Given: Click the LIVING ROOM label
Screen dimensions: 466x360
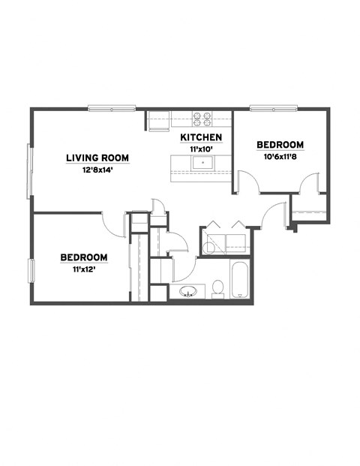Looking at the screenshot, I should click(x=97, y=158).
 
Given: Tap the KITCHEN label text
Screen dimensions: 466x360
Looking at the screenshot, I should click(x=201, y=137).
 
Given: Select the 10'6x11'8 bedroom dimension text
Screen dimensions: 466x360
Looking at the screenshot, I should click(x=280, y=157).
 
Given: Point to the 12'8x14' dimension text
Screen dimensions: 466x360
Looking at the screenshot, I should click(x=97, y=170).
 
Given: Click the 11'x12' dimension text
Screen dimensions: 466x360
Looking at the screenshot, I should click(x=83, y=269).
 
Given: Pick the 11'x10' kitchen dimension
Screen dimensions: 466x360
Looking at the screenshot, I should click(x=201, y=149).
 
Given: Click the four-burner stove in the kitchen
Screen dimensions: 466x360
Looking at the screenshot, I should click(x=202, y=118).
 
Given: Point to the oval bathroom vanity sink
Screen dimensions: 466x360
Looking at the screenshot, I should click(x=187, y=291).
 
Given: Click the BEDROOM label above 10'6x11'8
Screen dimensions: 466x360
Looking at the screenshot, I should click(x=280, y=145).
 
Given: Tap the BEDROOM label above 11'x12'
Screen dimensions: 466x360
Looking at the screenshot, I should click(x=83, y=257).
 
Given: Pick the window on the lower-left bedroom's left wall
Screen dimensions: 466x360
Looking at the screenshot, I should click(x=31, y=272).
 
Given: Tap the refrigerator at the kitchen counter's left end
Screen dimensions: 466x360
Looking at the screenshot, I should click(x=157, y=119).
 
